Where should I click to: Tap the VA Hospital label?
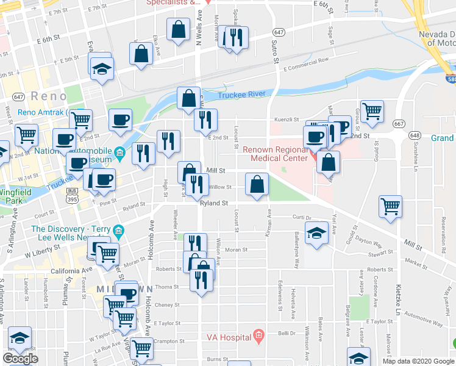(229, 337)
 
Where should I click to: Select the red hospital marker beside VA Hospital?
(258, 335)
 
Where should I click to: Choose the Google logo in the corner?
(20, 359)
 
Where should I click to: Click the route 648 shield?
(415, 135)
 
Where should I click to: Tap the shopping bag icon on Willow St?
(257, 184)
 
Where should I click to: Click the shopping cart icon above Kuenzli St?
(371, 111)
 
